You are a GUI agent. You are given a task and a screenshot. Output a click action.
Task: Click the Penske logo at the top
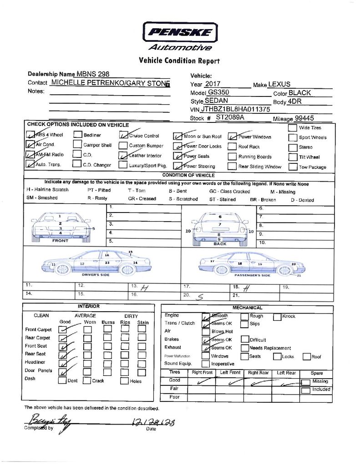click(x=180, y=32)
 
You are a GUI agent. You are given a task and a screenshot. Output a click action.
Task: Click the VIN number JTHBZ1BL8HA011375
click(x=236, y=109)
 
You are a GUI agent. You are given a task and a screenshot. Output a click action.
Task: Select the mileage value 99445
click(x=304, y=118)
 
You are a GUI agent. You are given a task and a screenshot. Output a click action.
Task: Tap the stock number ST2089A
click(x=230, y=117)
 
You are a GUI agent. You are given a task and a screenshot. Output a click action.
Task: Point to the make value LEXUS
click(x=279, y=84)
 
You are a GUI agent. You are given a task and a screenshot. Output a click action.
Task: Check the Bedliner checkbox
click(x=77, y=135)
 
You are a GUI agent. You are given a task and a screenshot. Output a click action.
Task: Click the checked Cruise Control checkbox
click(x=123, y=135)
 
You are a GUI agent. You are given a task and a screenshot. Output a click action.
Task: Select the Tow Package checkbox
click(x=292, y=167)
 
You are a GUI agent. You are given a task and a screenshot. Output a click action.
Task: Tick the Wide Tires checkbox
click(x=292, y=128)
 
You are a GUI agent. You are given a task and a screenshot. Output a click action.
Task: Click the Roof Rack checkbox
click(x=232, y=147)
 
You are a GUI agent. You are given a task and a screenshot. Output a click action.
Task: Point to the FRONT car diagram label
click(x=60, y=241)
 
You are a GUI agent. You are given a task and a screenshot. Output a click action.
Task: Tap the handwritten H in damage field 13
click(x=145, y=288)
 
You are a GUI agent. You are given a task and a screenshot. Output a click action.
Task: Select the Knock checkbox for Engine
click(x=277, y=316)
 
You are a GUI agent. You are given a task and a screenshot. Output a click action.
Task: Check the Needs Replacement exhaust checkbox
click(x=244, y=348)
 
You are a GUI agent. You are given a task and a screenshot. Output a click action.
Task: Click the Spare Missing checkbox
click(x=306, y=382)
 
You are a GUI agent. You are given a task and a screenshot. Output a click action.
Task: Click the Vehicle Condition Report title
click(x=179, y=61)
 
